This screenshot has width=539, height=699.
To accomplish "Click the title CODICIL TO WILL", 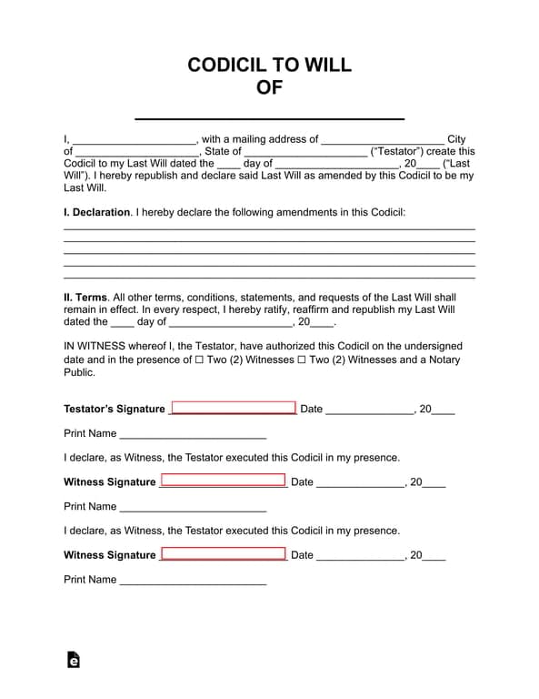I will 269,65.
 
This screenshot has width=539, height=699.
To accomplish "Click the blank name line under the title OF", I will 269,116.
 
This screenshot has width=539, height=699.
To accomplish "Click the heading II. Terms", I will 85,298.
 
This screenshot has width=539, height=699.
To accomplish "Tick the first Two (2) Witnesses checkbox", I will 199,360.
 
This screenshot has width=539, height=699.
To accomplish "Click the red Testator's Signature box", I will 234,408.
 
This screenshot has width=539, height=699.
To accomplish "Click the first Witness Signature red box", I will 223,481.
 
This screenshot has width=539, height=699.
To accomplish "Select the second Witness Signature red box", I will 223,553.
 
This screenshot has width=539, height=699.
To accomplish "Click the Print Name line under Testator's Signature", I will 193,435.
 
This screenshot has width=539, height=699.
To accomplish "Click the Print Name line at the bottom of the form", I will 193,581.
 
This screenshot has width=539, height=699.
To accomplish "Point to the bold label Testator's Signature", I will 115,410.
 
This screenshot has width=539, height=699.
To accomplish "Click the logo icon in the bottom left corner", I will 74,660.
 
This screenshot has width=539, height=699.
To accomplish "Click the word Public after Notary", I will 79,372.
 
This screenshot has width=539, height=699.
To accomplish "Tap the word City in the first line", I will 456,140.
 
